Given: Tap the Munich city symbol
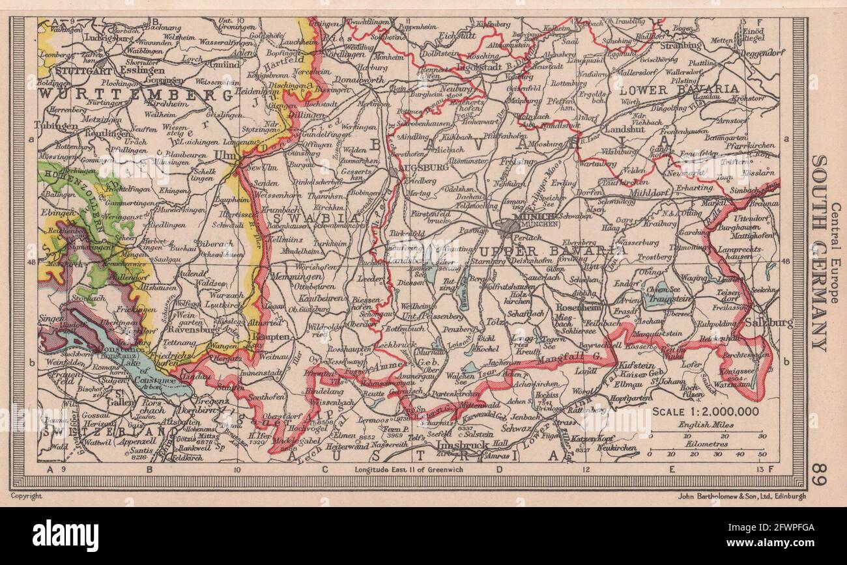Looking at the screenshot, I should [508, 226].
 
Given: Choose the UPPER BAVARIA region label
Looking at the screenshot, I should [543, 250].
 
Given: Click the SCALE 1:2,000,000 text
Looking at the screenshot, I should [706, 411].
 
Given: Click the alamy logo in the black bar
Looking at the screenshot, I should [65, 536].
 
